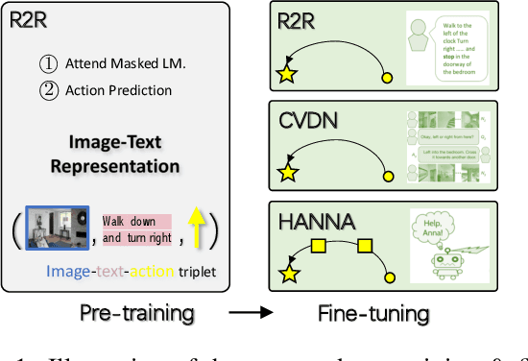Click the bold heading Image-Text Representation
pos(124,154)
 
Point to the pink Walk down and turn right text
pos(136,229)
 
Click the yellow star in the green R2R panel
pos(285,72)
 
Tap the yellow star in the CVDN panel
pos(285,173)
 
